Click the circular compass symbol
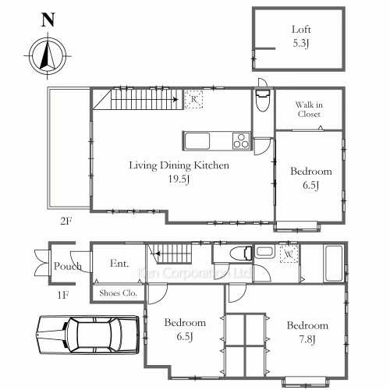(45, 56)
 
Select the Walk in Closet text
(309, 109)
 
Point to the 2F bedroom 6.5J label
(311, 178)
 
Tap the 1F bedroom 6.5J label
(185, 328)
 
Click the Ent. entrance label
(119, 264)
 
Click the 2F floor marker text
(66, 222)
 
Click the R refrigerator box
(193, 99)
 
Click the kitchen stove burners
(240, 141)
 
